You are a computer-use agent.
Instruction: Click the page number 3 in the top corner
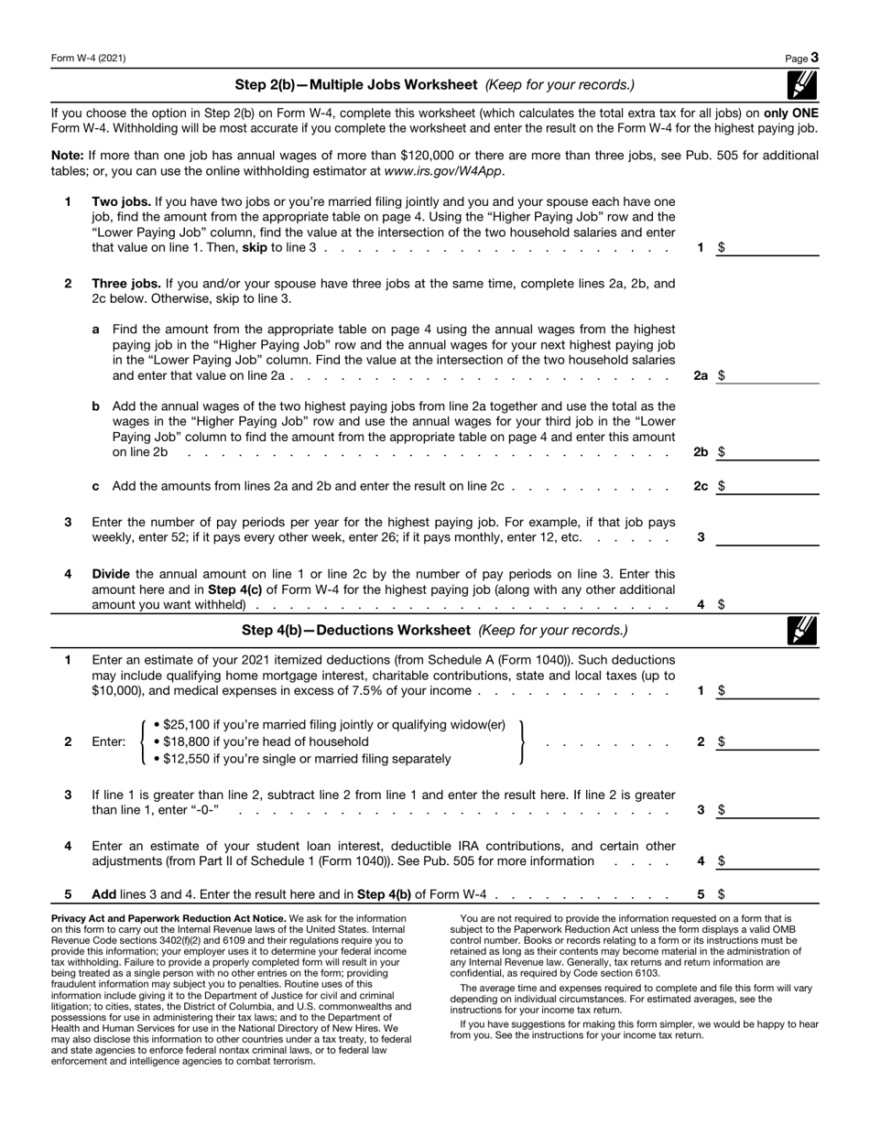[x=814, y=58]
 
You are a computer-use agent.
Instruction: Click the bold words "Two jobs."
[x=122, y=201]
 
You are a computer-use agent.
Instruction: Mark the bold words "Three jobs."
[x=126, y=284]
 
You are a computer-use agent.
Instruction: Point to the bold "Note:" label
[x=68, y=156]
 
